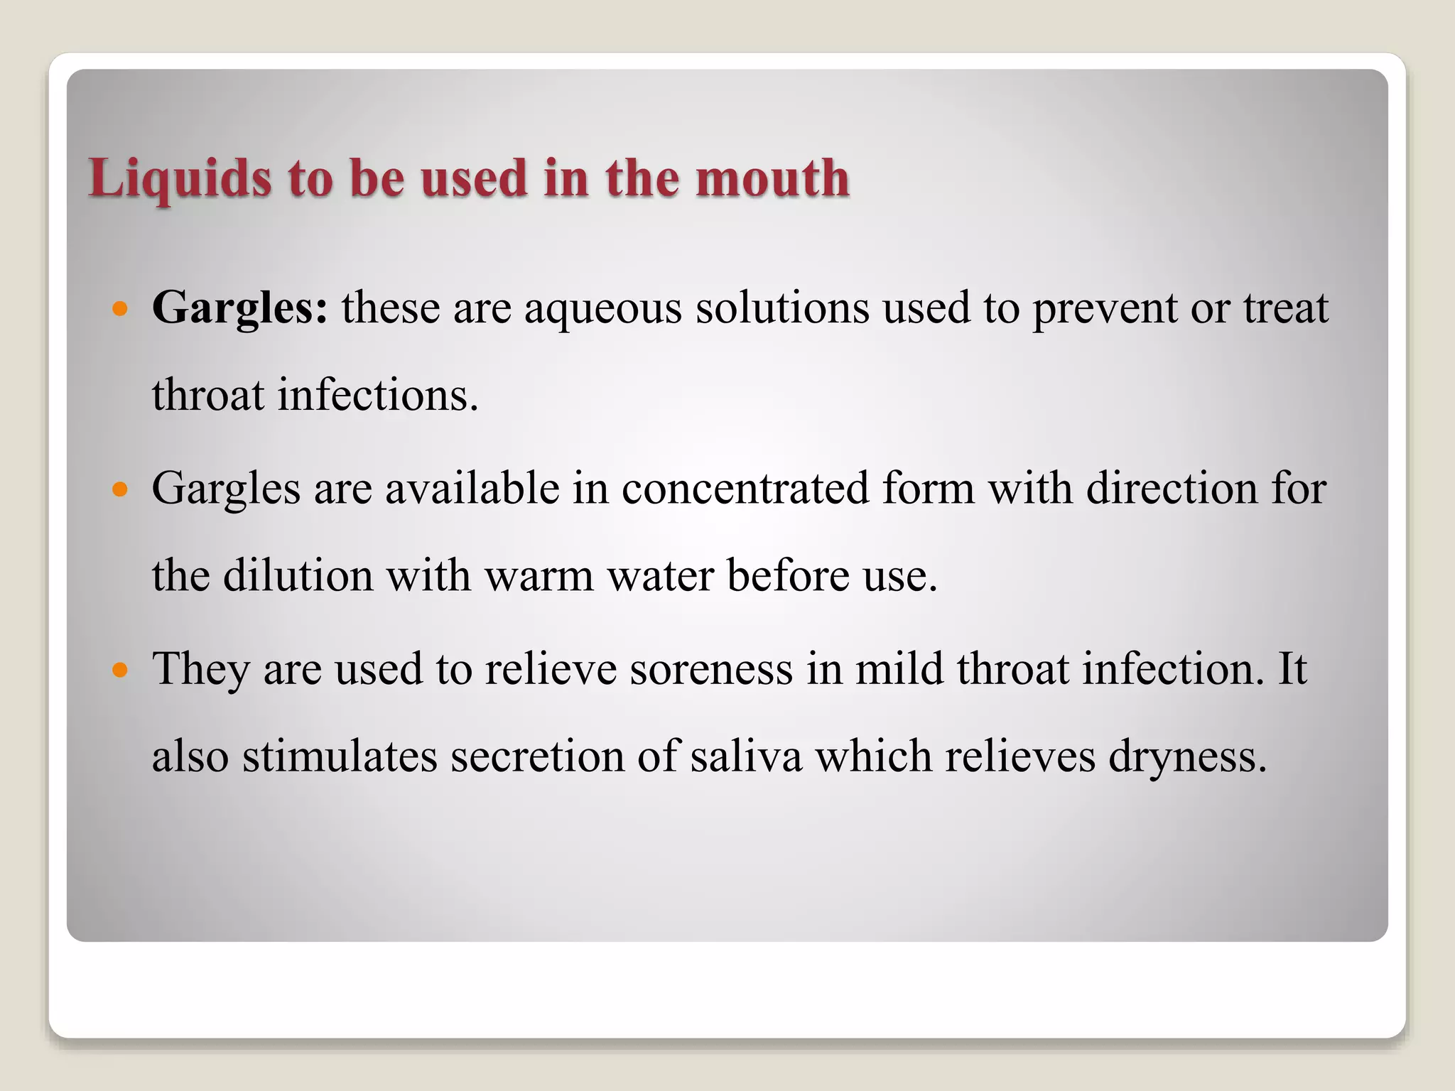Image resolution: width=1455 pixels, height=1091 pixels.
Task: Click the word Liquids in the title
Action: (180, 178)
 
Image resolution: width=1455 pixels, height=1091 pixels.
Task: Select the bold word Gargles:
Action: (240, 308)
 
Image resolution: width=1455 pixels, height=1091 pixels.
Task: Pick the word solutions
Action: (782, 308)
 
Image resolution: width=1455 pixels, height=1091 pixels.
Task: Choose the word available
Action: (472, 489)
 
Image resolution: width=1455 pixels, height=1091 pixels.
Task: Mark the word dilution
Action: (298, 575)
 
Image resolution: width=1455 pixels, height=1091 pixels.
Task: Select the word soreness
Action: (710, 670)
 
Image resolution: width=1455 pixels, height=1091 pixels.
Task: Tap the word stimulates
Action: (340, 756)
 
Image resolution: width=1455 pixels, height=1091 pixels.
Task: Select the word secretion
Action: (537, 756)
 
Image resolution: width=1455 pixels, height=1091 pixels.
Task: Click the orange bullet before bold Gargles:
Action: (120, 310)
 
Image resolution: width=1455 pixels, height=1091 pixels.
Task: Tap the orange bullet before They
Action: (120, 670)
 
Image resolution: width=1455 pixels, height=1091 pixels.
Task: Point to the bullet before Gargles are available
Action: (120, 489)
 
